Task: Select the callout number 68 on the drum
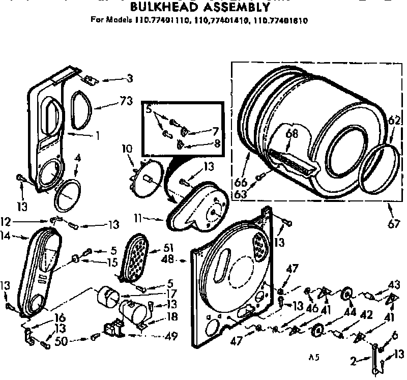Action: pyautogui.click(x=292, y=134)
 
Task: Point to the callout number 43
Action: pyautogui.click(x=394, y=284)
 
